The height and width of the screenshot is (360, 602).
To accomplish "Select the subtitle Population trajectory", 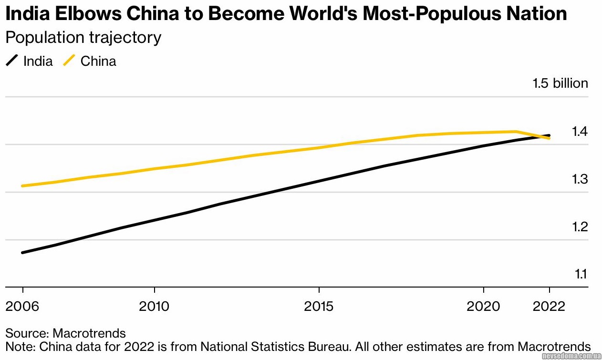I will (83, 37).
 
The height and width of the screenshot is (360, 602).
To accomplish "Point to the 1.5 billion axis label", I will (560, 83).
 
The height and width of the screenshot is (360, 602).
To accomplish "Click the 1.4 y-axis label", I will (580, 131).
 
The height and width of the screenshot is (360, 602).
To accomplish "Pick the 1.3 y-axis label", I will (580, 179).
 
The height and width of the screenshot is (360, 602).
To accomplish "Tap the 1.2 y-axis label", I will (580, 226).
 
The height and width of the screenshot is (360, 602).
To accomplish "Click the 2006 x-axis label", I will (22, 306).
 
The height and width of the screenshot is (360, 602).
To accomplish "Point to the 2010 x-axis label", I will (154, 306).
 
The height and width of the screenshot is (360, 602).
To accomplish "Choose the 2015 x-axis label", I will (319, 306).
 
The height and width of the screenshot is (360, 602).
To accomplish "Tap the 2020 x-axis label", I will (484, 306).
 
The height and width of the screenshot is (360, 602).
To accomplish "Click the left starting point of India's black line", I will (22, 252).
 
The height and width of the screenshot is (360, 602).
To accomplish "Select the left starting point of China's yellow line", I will (22, 185).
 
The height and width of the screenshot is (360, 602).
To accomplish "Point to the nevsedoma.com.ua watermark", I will (571, 356).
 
